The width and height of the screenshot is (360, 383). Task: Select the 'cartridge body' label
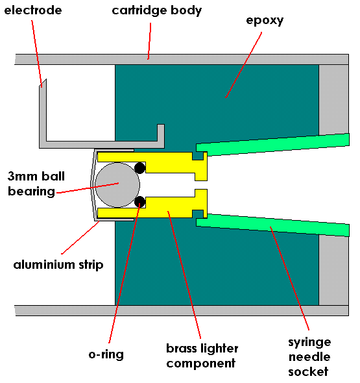(x=156, y=10)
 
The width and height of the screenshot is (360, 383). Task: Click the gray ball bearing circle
(x=116, y=184)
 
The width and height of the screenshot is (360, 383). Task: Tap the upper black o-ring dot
(x=139, y=168)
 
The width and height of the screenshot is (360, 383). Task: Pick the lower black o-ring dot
(x=139, y=201)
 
